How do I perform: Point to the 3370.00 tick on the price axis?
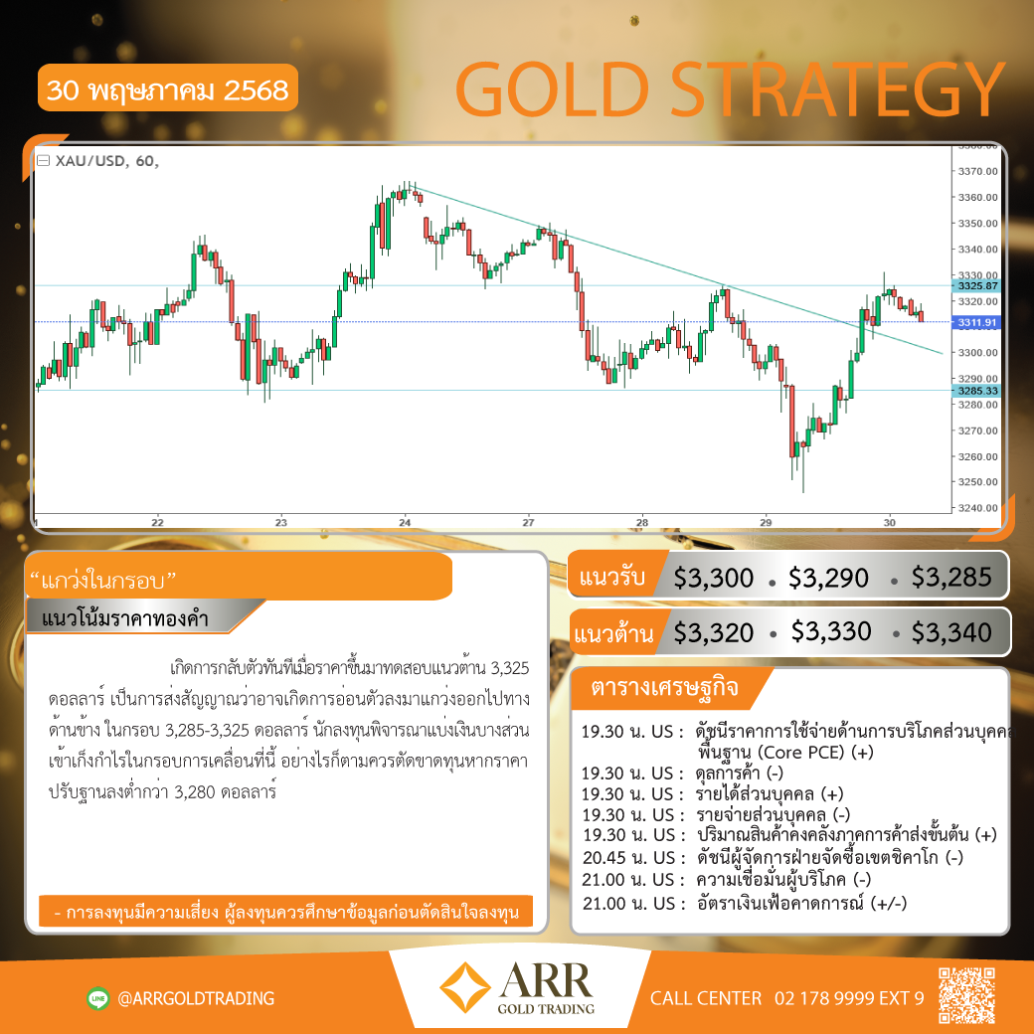pyautogui.click(x=978, y=171)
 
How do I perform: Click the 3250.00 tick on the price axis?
pyautogui.click(x=978, y=482)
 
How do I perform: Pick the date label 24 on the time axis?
pyautogui.click(x=405, y=522)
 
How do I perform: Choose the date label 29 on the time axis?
pyautogui.click(x=765, y=522)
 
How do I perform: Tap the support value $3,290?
pyautogui.click(x=828, y=579)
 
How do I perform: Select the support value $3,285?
pyautogui.click(x=950, y=577)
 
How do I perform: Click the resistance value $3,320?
pyautogui.click(x=713, y=633)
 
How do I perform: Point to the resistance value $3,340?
pyautogui.click(x=950, y=633)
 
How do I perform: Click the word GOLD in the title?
pyautogui.click(x=553, y=89)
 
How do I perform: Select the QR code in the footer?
pyautogui.click(x=966, y=995)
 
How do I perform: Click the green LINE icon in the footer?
pyautogui.click(x=98, y=998)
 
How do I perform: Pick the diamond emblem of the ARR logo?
pyautogui.click(x=465, y=987)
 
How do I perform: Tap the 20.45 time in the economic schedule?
pyautogui.click(x=604, y=858)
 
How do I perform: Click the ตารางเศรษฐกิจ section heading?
pyautogui.click(x=664, y=687)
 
